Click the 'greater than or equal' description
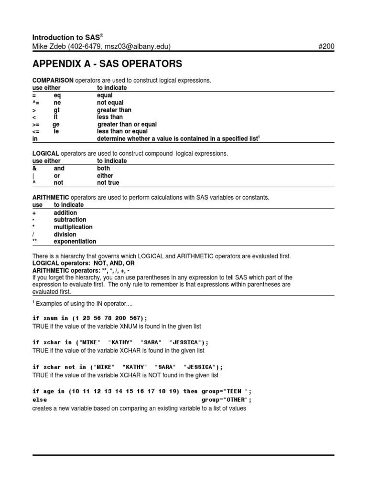click(x=127, y=124)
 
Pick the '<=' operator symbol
click(x=36, y=131)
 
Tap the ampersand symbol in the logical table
click(x=34, y=169)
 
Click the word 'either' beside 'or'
click(x=105, y=176)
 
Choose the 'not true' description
click(x=108, y=183)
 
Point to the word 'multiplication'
click(x=73, y=227)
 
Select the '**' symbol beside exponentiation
click(x=35, y=242)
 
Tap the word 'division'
click(x=65, y=234)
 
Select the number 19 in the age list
click(x=173, y=391)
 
